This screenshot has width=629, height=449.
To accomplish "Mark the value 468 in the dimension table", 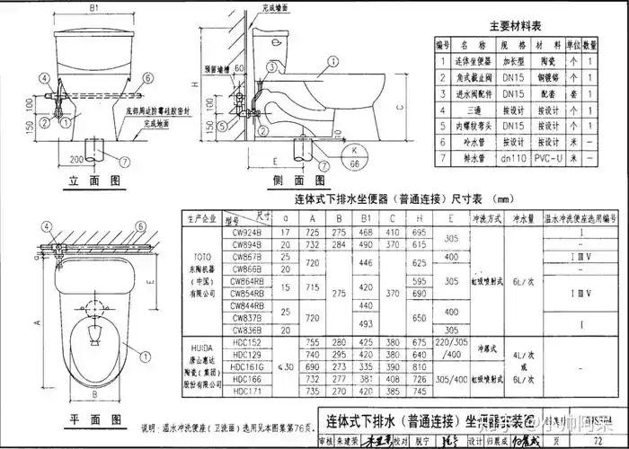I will (x=367, y=233).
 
